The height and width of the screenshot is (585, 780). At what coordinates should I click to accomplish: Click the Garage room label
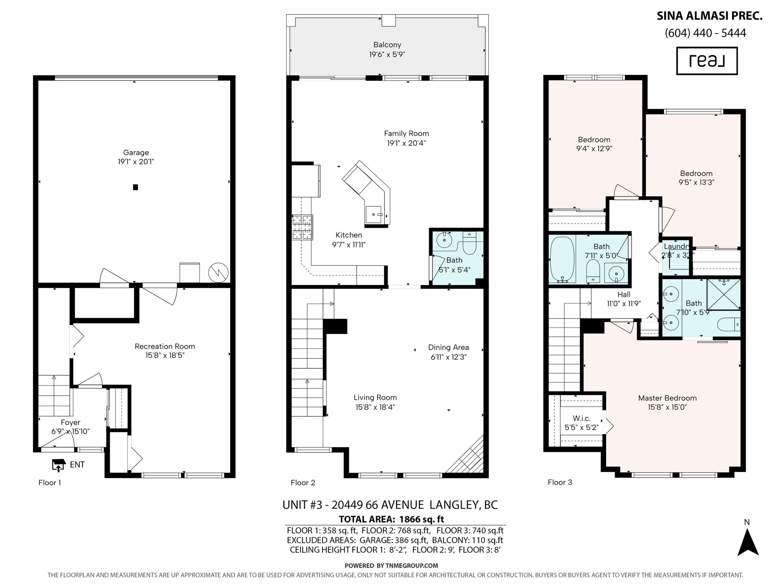pos(136,152)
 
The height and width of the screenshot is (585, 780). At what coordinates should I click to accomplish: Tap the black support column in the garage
pos(135,187)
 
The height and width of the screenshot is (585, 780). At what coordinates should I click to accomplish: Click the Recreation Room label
pos(165,346)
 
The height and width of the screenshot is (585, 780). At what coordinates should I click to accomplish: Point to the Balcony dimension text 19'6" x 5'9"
pos(387,54)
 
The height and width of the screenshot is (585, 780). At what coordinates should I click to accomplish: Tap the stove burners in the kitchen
pos(302,227)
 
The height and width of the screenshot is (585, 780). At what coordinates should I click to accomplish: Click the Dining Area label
pos(448,347)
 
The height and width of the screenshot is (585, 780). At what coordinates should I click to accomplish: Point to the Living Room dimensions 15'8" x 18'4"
pos(375,407)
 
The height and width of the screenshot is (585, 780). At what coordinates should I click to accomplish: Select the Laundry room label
pos(676,246)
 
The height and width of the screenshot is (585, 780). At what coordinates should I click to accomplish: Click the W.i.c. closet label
pos(581,418)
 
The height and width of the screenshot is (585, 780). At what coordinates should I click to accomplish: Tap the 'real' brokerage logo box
pos(707,61)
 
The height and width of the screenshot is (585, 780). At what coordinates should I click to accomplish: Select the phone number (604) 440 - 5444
pos(705,33)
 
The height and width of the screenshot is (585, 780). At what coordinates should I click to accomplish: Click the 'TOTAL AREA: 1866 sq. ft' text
pos(392,519)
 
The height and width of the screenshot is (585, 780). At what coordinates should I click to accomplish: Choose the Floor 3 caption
pos(560,482)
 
